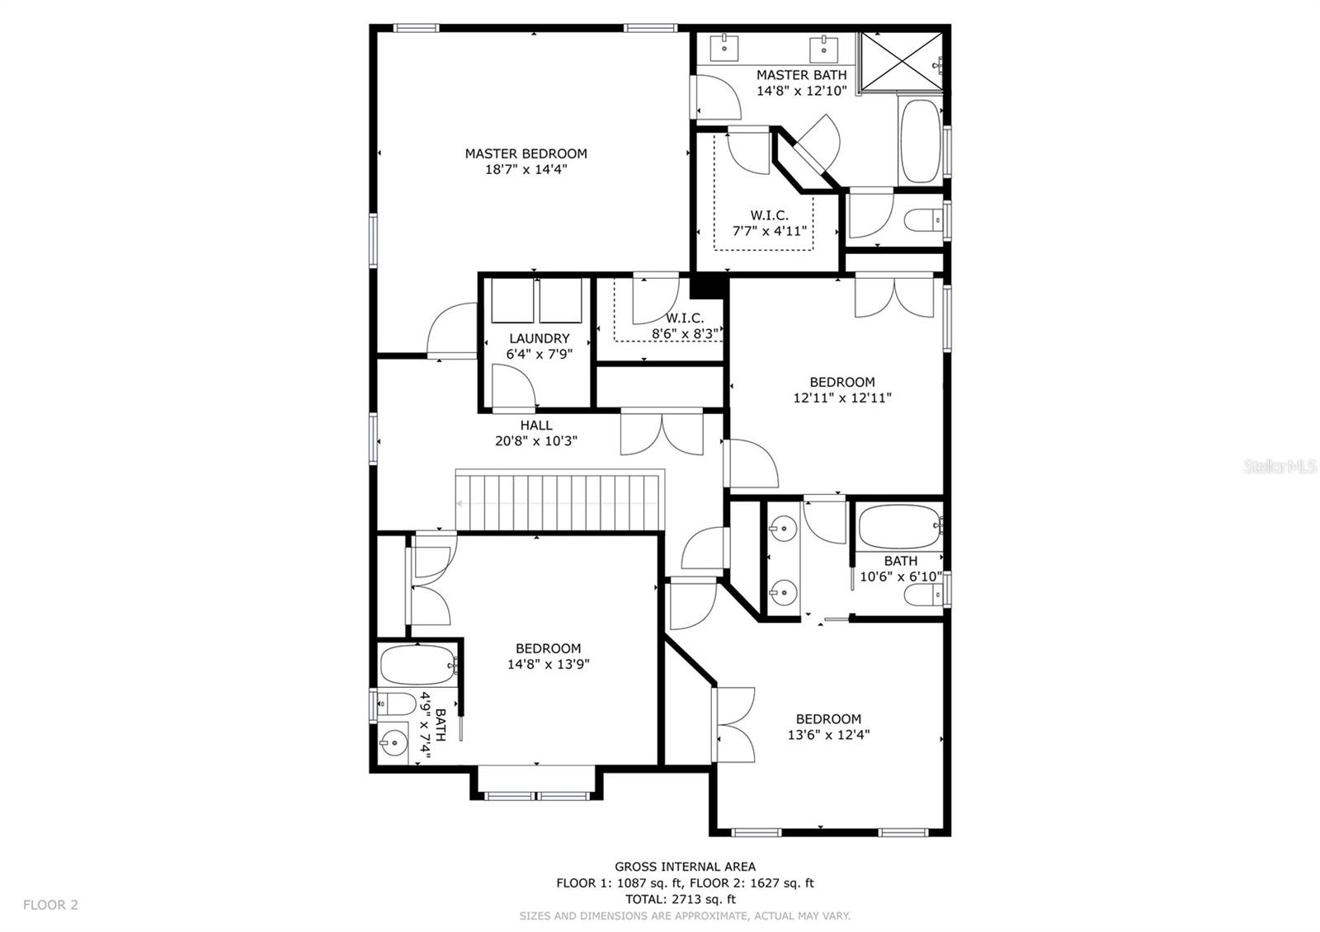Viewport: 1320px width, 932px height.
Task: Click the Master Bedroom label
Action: click(x=526, y=153)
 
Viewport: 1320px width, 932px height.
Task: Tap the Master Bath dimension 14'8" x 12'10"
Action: click(x=801, y=91)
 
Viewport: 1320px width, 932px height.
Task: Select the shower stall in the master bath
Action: click(x=900, y=61)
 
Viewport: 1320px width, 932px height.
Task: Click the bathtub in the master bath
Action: click(x=921, y=142)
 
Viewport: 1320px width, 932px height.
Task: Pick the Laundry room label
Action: click(x=539, y=338)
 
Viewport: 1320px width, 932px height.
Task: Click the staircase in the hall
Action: click(x=561, y=501)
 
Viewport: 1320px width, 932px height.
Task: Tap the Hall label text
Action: click(x=535, y=426)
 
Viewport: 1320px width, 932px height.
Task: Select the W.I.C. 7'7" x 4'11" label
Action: click(x=769, y=224)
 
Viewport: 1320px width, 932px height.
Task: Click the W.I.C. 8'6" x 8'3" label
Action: click(x=684, y=326)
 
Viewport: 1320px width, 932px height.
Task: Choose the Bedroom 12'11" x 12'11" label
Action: click(x=841, y=389)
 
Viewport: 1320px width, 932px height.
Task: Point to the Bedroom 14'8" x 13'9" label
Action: click(x=548, y=656)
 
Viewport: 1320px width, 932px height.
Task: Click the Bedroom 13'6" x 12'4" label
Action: click(x=828, y=727)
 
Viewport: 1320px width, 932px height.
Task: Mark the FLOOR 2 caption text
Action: click(x=50, y=905)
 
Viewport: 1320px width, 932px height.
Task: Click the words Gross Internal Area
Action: click(x=685, y=866)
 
